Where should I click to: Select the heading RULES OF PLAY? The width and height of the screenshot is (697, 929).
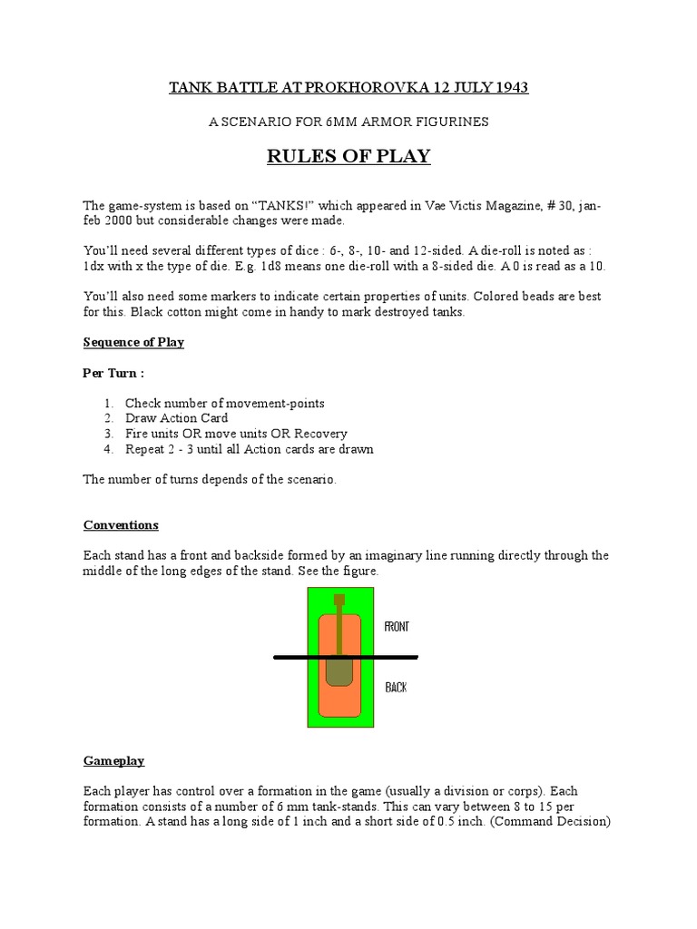pos(348,157)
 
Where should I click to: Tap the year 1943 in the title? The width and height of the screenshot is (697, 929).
pos(508,88)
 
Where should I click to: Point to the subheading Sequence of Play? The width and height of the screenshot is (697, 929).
pos(133,342)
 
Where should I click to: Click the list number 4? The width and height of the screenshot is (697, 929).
pos(107,449)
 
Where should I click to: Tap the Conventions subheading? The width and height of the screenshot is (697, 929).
pos(121,525)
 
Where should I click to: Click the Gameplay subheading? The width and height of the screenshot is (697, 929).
pos(114,761)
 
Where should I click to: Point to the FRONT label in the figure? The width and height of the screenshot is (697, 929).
pos(398,627)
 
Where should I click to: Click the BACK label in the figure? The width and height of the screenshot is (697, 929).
pos(396,688)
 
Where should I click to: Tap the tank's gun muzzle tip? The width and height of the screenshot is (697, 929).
pos(339,600)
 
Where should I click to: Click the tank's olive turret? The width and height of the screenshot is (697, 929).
pos(339,670)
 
